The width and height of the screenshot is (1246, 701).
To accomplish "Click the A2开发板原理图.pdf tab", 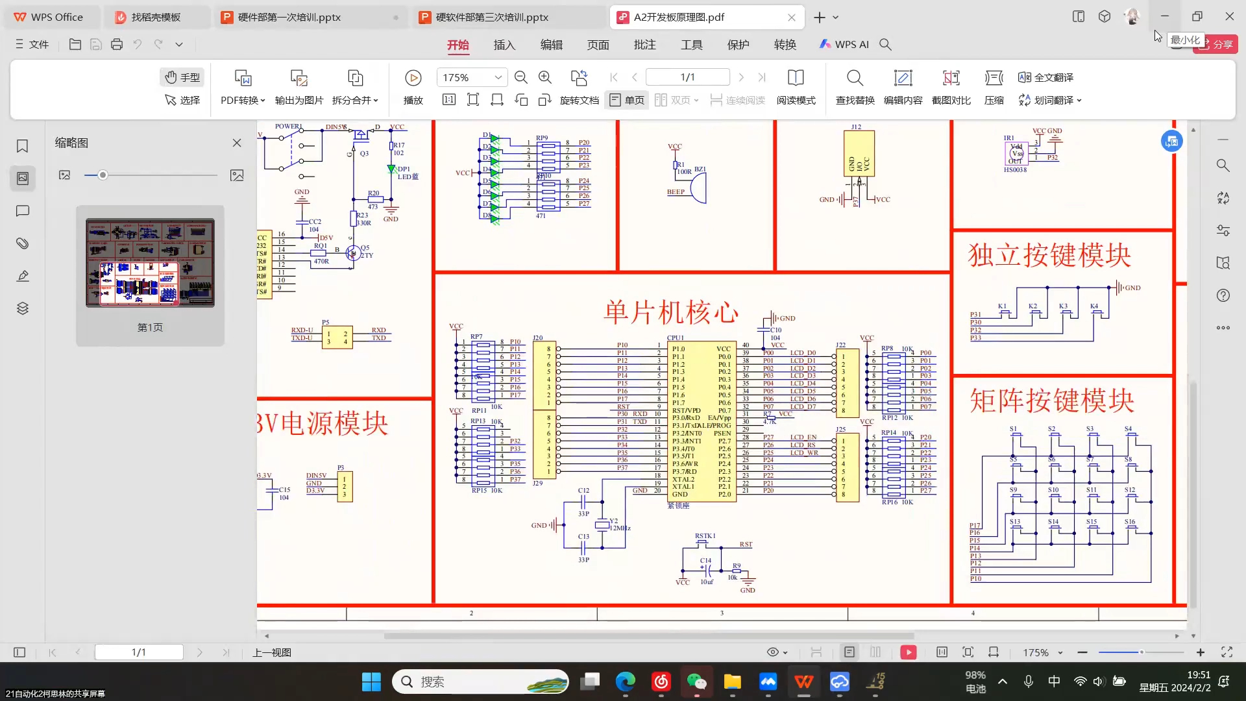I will pos(678,18).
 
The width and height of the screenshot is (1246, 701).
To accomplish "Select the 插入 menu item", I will pos(504,45).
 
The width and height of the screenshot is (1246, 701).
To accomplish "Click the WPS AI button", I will pos(844,45).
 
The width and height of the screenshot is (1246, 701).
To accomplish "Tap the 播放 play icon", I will pos(413,78).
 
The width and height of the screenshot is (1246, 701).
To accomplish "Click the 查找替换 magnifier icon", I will pos(855,78).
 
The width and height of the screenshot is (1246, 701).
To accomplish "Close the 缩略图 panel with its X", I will pos(237,143).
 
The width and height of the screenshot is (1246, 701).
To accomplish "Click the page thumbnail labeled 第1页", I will pos(150,263).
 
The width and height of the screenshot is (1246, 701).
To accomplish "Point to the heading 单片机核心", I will pos(671,312).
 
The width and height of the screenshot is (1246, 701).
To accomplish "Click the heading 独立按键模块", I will pos(1049,256).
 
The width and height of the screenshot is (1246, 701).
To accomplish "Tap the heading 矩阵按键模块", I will pos(1051,400).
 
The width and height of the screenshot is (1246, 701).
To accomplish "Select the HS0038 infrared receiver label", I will pos(1015,170).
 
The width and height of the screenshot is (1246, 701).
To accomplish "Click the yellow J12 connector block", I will pos(859,154).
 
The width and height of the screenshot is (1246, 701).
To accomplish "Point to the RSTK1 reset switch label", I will pos(705,536).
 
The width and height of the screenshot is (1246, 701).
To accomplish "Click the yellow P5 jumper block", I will pos(337,338).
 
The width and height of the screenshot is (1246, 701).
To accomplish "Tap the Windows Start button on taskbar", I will pos(371,682).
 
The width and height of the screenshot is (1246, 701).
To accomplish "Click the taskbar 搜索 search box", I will pos(480,682).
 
